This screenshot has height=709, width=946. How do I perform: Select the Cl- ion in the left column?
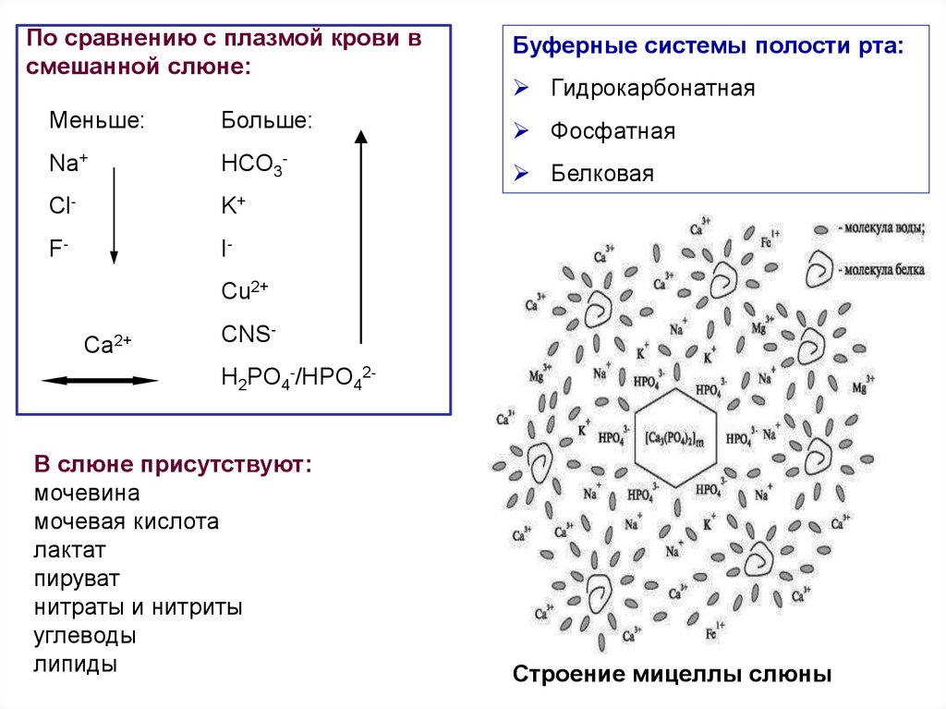tap(62, 205)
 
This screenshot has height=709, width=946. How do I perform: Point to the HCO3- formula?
tap(255, 165)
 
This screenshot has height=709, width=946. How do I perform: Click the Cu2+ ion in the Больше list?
tap(245, 291)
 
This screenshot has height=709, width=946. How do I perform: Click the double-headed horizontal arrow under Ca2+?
tap(100, 380)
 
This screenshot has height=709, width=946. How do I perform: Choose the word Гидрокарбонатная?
tap(653, 89)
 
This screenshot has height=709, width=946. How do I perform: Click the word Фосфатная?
tap(612, 131)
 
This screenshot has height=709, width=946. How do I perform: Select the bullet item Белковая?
tap(602, 173)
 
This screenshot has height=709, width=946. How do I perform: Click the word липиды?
tap(76, 665)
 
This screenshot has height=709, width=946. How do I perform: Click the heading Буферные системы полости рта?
tap(709, 46)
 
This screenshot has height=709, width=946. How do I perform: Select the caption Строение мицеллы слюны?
tap(673, 674)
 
